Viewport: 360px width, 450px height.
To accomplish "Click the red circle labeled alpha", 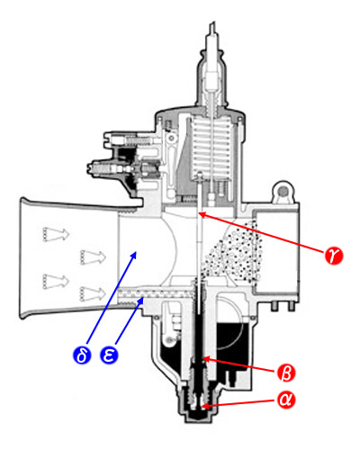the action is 286,400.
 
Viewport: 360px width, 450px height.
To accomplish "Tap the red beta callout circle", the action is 286,373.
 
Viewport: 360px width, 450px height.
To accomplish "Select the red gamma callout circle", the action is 334,256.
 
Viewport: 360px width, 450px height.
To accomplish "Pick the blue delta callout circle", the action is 82,355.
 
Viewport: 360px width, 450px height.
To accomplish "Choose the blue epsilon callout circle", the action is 109,355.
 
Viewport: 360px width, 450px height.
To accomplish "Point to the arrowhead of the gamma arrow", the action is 199,213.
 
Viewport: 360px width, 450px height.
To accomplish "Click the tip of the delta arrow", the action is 137,251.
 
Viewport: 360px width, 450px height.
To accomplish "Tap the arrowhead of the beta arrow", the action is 202,357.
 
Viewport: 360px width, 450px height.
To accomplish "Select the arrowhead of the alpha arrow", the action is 202,407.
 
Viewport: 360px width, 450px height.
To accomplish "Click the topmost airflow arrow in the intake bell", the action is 56,234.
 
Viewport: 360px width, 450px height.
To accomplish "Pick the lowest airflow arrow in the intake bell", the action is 93,294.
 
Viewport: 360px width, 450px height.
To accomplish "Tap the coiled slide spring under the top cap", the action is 211,147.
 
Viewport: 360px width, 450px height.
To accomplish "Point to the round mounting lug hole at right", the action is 283,191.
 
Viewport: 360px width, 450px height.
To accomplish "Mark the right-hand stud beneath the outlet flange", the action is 291,306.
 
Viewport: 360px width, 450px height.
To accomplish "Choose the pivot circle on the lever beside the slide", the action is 172,139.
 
